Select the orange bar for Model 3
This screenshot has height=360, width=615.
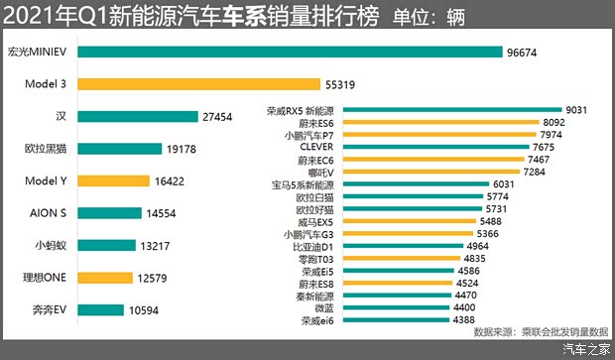pyautogui.click(x=197, y=84)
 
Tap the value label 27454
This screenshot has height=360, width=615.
pyautogui.click(x=218, y=117)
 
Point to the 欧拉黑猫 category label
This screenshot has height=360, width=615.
pyautogui.click(x=46, y=149)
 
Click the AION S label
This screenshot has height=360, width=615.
pyautogui.click(x=47, y=213)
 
